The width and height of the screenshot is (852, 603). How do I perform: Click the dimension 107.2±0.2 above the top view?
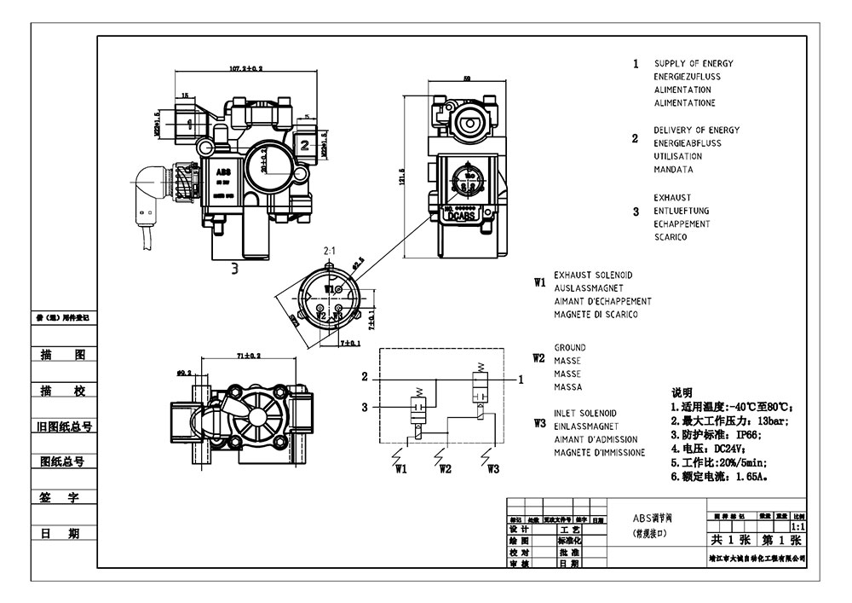point(245,67)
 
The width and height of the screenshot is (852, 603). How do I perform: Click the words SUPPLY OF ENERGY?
point(694,64)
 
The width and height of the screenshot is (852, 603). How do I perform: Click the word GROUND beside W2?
point(570,348)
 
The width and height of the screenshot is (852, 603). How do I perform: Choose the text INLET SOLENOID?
point(585,414)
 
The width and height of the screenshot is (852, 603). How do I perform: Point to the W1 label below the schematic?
point(400,468)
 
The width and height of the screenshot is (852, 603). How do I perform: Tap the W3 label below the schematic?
point(492,468)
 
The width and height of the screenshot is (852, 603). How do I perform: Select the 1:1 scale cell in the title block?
point(797,528)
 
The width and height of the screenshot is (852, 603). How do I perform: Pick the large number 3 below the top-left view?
point(235,269)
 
